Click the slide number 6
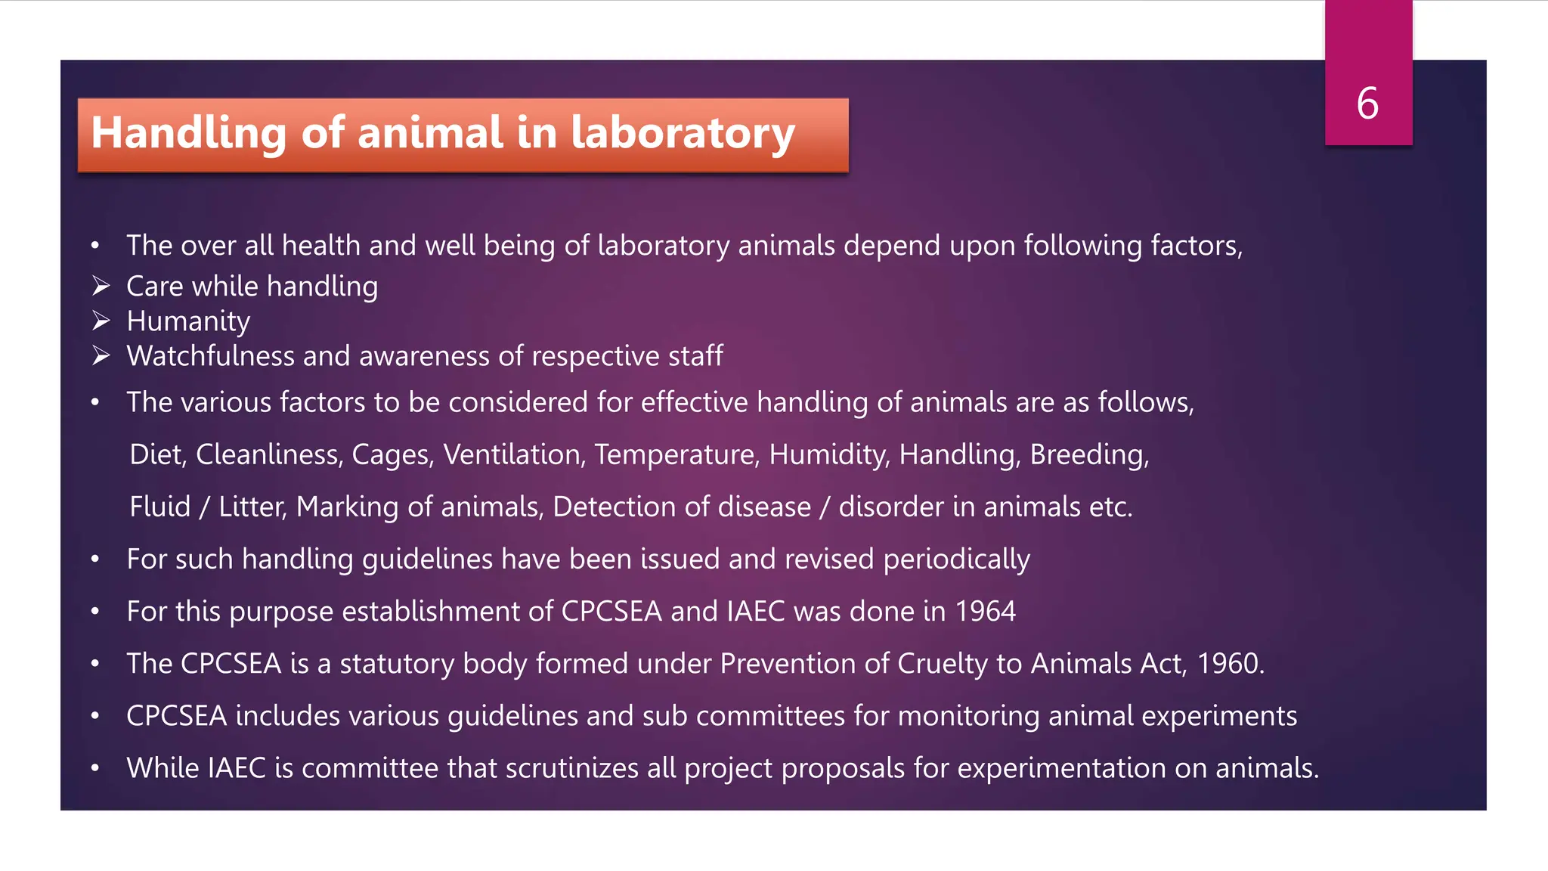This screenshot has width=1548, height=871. (1367, 104)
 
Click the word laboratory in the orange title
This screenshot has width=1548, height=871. (683, 133)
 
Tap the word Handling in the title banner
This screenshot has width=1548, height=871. (188, 133)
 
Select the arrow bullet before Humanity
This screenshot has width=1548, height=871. (101, 321)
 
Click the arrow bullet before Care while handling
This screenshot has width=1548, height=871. (101, 287)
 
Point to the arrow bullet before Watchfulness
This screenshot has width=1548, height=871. (101, 356)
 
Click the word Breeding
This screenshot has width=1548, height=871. (1088, 454)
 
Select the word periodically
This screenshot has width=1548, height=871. (956, 559)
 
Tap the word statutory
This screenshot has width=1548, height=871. (396, 664)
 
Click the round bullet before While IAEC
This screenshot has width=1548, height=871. (95, 768)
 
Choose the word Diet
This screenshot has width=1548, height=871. (156, 454)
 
